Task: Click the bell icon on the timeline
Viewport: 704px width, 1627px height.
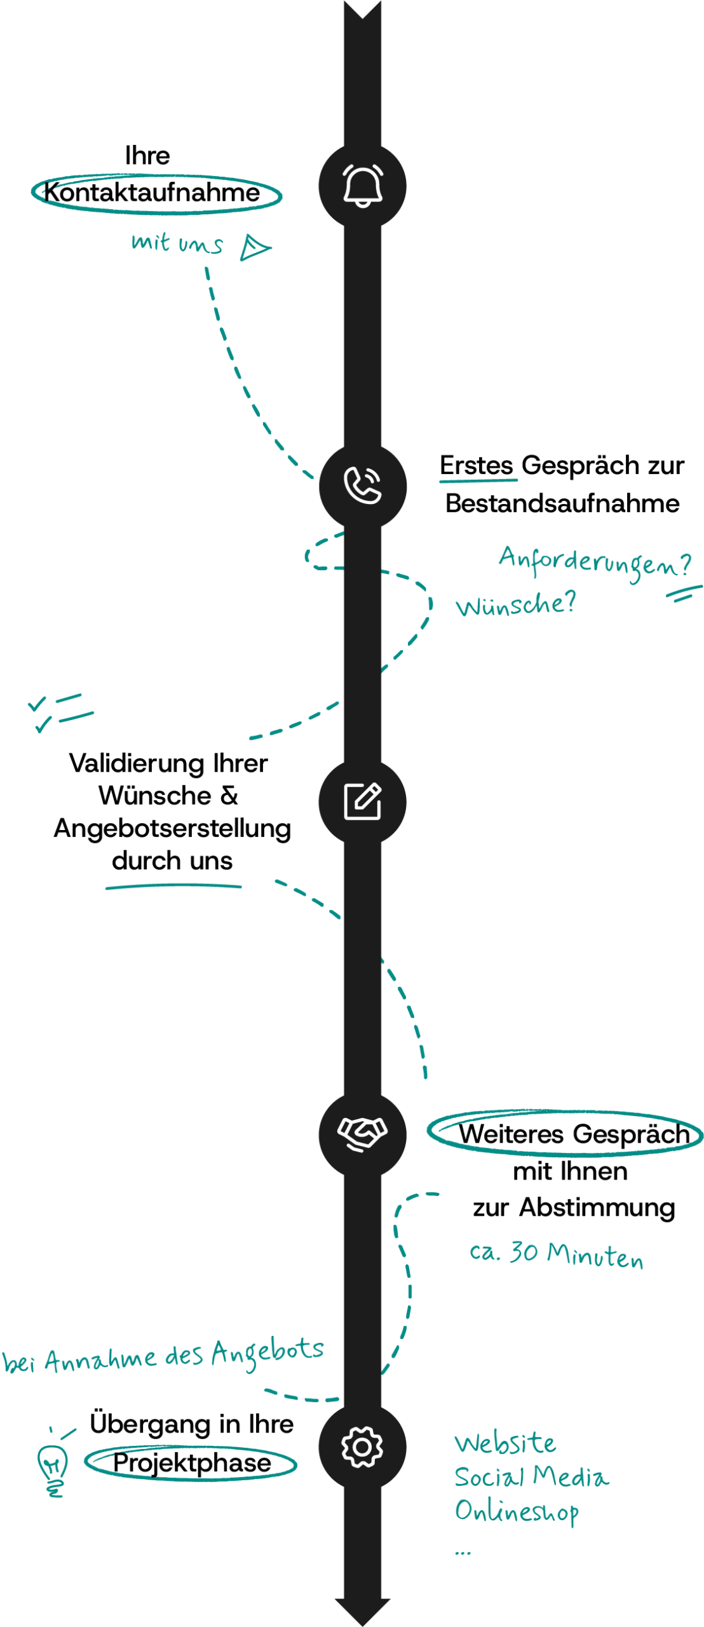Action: (362, 185)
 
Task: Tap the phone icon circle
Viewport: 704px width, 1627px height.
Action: (362, 486)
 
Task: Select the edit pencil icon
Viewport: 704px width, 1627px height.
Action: (362, 801)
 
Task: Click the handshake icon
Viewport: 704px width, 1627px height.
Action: (362, 1133)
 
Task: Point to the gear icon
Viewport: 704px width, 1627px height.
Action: (362, 1447)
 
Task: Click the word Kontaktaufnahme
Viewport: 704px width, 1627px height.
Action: (152, 192)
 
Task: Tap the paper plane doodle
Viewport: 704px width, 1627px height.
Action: (255, 247)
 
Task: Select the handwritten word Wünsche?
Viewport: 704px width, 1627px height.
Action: (515, 604)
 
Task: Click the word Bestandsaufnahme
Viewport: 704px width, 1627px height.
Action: (562, 503)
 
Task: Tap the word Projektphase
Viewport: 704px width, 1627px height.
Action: (192, 1463)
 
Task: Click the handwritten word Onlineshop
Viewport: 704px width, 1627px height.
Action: (517, 1511)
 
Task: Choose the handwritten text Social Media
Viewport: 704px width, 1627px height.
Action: (531, 1476)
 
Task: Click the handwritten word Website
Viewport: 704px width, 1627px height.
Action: (505, 1443)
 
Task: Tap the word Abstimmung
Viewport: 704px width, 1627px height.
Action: (597, 1208)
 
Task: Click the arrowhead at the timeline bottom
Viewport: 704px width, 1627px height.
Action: (362, 1611)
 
